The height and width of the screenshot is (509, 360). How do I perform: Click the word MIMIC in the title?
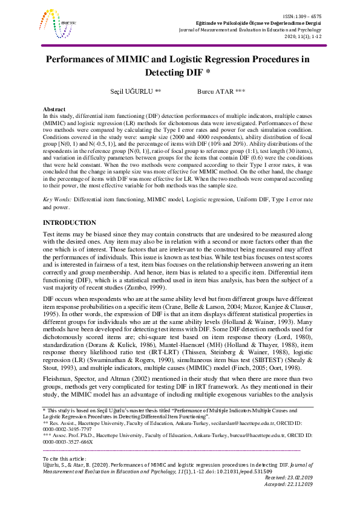155,60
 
